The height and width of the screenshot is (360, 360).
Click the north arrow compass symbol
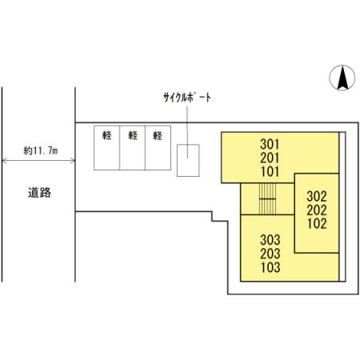342,78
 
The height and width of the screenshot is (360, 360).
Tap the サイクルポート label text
187,98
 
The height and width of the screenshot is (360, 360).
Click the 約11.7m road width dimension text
41,151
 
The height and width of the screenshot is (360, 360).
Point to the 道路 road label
39,193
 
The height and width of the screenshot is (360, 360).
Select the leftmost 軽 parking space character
107,135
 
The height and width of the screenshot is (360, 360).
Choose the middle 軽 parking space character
133,135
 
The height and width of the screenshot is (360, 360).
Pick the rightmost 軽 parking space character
158,136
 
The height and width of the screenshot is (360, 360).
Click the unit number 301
270,144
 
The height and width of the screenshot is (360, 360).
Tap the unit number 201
270,158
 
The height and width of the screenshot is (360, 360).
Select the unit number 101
270,171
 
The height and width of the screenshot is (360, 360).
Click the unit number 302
317,197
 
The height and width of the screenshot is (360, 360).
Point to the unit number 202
317,210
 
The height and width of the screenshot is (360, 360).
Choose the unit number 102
317,224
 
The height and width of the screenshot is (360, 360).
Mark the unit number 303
270,240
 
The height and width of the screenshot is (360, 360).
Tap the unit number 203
270,254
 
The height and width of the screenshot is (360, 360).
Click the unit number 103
270,267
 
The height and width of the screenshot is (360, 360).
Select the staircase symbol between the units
267,199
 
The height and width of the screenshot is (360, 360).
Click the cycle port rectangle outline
177,160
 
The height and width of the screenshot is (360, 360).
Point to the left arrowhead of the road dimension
4,161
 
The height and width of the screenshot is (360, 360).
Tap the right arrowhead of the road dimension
73,161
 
